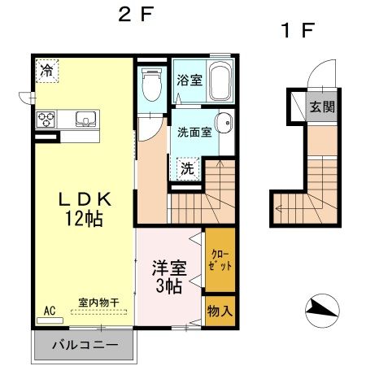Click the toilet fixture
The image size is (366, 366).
(x=150, y=84)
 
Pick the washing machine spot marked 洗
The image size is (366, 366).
(x=187, y=169)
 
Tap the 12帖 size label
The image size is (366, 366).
(x=84, y=217)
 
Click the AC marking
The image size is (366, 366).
(x=47, y=311)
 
